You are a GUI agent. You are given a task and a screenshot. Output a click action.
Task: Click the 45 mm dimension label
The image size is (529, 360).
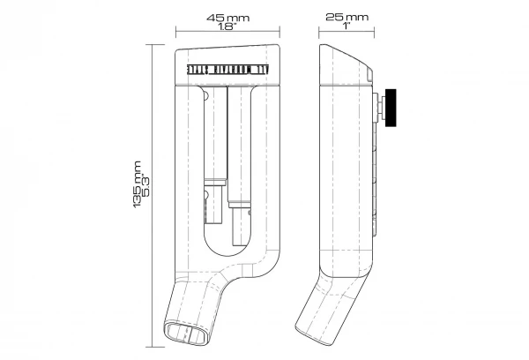click(230, 18)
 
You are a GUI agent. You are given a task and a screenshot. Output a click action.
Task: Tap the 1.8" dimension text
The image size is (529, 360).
click(230, 28)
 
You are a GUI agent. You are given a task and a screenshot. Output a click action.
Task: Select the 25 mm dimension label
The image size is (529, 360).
click(346, 18)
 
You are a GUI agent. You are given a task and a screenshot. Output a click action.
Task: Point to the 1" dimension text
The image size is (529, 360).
click(346, 28)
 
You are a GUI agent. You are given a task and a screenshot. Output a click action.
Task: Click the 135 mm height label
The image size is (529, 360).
click(137, 190)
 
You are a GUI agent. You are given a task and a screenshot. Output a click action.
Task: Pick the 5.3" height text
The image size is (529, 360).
click(147, 190)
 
